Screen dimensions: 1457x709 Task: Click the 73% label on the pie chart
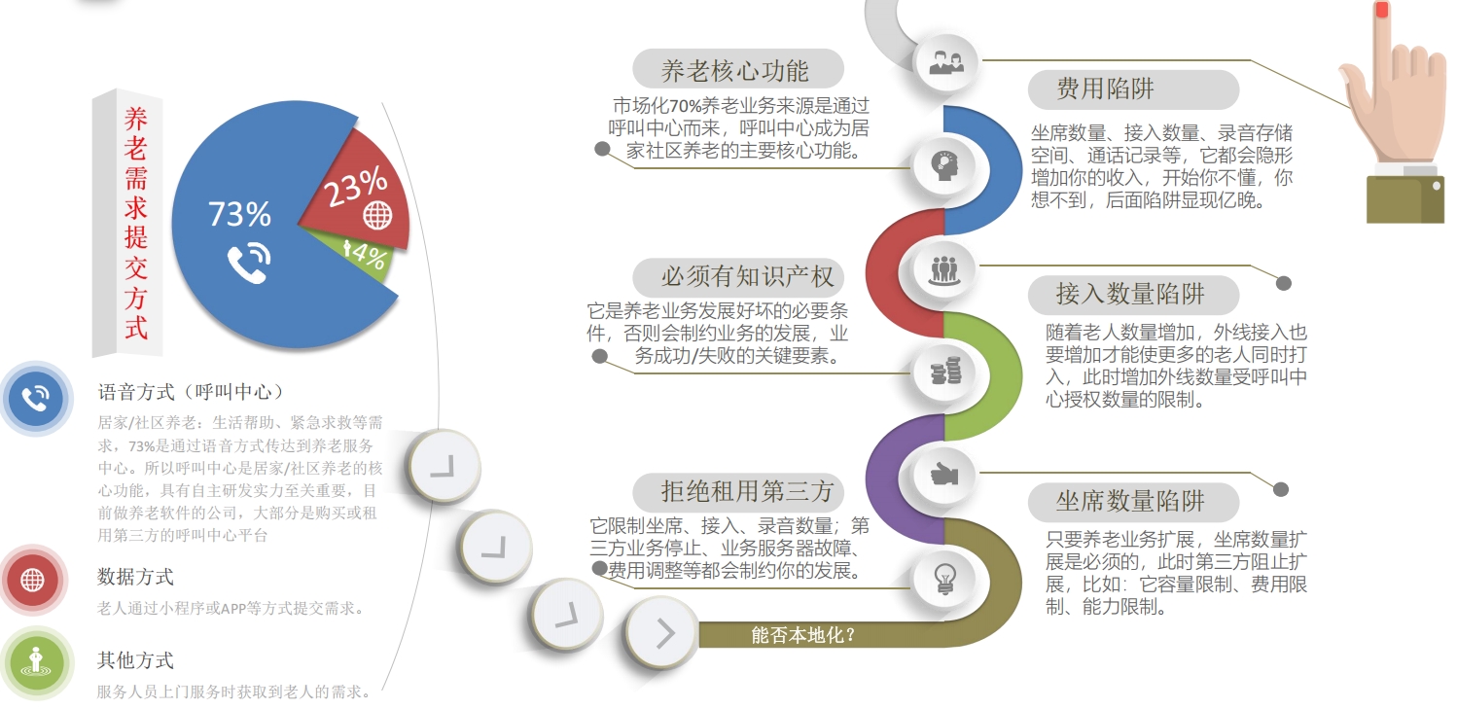coord(239,214)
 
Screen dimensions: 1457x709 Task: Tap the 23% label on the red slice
coord(355,187)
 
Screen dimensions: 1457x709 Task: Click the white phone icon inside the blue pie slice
coord(249,263)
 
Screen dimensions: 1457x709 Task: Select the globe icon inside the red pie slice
coord(377,215)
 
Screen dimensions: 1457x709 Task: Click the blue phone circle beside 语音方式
coord(36,398)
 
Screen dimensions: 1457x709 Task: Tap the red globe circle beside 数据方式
coord(32,580)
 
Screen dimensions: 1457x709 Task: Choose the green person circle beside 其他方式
coord(36,663)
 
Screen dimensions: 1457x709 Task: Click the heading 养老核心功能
coord(735,71)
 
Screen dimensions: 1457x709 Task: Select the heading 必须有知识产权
coord(747,276)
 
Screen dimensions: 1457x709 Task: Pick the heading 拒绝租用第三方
coord(747,491)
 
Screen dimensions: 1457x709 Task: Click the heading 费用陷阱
coord(1106,89)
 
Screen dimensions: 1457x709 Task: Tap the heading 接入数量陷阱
coord(1130,294)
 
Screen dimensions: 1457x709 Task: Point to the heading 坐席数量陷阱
coord(1130,501)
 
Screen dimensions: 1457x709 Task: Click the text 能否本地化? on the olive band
coord(802,635)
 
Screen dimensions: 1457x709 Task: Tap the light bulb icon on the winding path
coord(944,579)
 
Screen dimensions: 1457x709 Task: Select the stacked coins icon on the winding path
coord(945,372)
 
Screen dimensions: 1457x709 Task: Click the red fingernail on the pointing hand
coord(1381,10)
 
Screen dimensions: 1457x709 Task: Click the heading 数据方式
coord(135,577)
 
